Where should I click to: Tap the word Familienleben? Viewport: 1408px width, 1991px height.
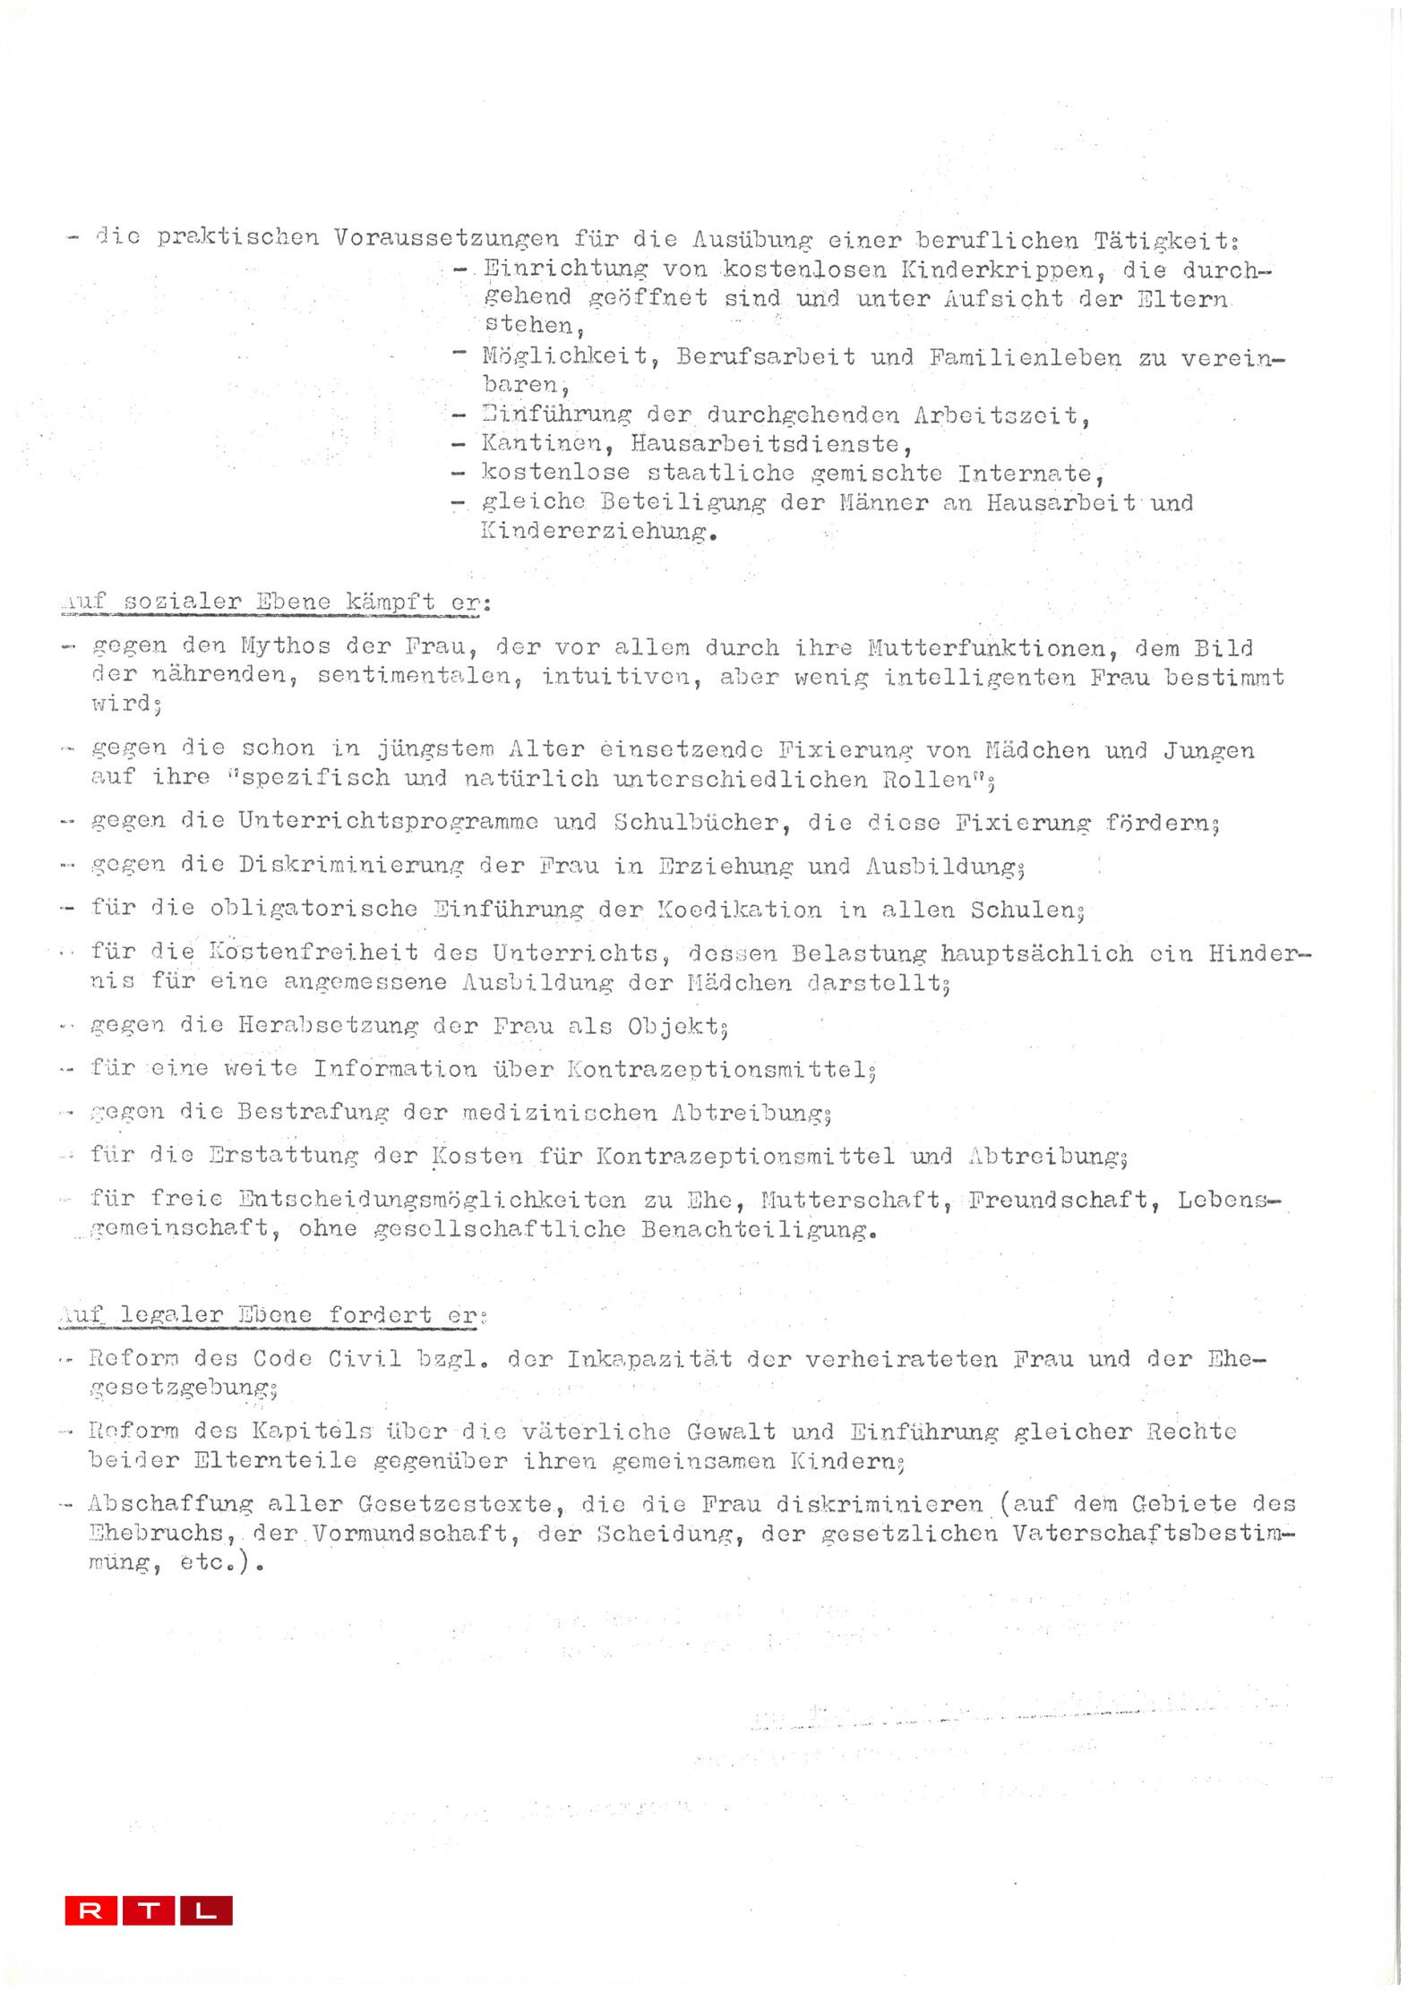[x=1024, y=357]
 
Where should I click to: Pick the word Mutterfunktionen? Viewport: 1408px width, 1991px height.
[x=984, y=647]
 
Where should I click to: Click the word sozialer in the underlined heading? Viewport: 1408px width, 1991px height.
[x=183, y=602]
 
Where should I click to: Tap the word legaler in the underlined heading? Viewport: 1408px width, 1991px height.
[x=171, y=1314]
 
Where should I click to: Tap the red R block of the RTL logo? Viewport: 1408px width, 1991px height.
[x=90, y=1910]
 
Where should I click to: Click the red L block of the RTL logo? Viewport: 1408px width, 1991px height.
[x=206, y=1910]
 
